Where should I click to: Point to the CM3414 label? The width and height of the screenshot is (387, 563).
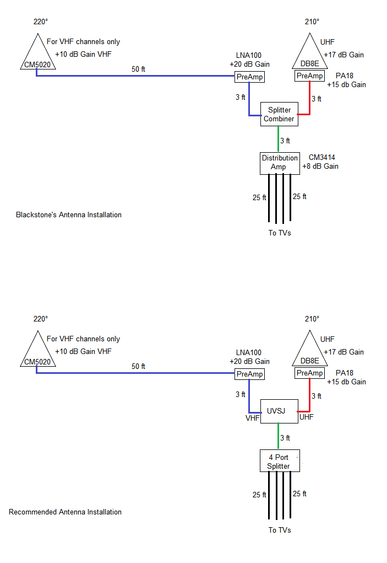click(322, 157)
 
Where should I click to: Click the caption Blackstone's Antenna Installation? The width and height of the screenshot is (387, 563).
click(69, 215)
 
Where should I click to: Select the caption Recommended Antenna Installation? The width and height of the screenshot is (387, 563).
click(65, 512)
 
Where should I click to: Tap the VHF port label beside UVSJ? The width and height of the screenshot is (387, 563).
click(252, 418)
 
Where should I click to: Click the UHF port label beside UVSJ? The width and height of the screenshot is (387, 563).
click(307, 417)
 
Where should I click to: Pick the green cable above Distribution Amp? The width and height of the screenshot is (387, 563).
click(278, 139)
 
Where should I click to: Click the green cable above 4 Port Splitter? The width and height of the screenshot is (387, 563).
click(278, 436)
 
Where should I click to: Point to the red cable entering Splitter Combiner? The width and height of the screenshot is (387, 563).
click(309, 103)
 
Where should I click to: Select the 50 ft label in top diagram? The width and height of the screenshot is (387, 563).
click(138, 69)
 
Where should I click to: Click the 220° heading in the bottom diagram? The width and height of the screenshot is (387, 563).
click(41, 319)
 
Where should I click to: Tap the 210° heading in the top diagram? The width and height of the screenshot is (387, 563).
click(312, 22)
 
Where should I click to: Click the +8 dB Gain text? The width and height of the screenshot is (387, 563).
click(320, 166)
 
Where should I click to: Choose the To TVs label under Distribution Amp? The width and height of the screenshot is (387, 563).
click(280, 233)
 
